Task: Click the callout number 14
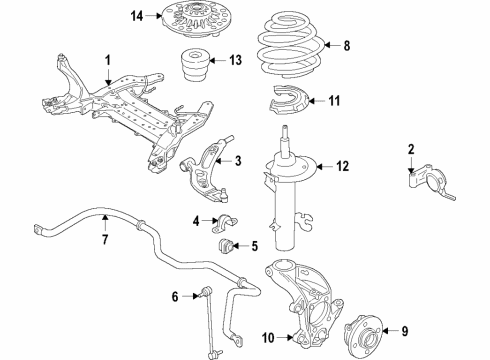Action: coord(137,15)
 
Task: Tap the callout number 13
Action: coord(234,61)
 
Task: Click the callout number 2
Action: coord(411,150)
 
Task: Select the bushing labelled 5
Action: coord(227,246)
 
